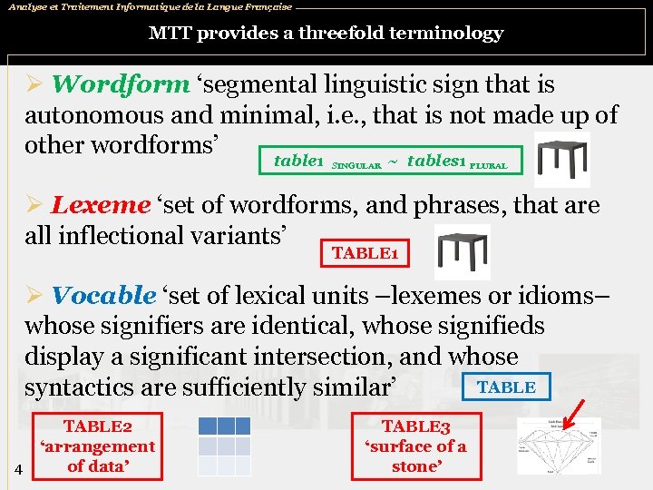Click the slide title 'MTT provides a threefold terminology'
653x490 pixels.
[326, 34]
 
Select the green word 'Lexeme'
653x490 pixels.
[100, 205]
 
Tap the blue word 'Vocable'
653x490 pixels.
[103, 295]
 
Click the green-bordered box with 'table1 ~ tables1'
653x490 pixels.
[390, 162]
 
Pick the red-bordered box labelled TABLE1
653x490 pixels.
[365, 252]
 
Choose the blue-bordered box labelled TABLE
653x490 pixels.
[505, 387]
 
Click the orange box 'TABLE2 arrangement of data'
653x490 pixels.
[97, 446]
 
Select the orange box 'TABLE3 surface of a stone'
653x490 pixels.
[415, 446]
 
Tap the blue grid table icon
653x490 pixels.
[224, 446]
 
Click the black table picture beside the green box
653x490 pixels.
[562, 160]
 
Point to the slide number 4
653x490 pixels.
[18, 469]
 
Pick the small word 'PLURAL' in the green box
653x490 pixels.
[488, 166]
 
